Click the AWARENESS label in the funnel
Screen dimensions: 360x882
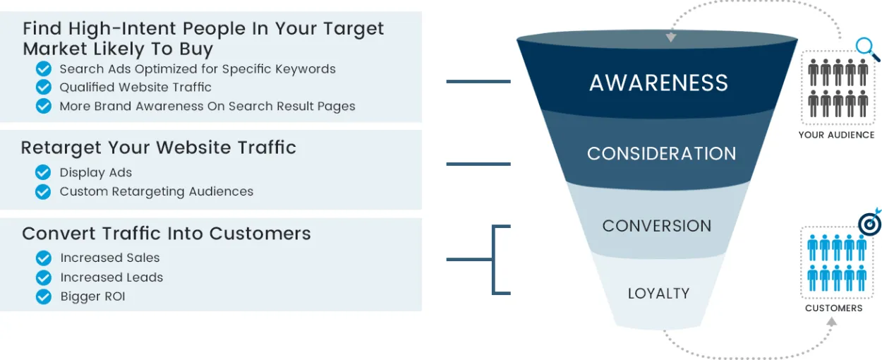click(x=658, y=83)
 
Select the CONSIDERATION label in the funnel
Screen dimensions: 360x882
click(x=661, y=153)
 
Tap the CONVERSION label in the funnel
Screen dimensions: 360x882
click(x=657, y=226)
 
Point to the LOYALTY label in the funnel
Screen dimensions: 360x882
click(x=658, y=293)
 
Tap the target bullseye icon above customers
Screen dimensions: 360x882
click(x=869, y=223)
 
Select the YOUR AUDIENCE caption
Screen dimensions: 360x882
click(x=836, y=135)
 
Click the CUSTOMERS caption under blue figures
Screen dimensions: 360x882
click(x=833, y=308)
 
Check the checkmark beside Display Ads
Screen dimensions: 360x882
click(x=43, y=172)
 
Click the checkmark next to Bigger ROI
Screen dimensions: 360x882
click(x=44, y=296)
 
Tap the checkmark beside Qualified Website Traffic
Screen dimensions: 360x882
click(x=44, y=87)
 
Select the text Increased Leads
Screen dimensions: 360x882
click(x=111, y=277)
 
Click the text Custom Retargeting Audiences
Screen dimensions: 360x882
click(x=156, y=191)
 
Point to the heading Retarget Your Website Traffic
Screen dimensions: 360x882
click(x=158, y=148)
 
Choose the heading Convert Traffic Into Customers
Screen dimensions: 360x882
click(x=167, y=234)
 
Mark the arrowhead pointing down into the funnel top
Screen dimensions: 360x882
click(x=671, y=37)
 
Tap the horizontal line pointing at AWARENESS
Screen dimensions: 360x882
click(x=478, y=81)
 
